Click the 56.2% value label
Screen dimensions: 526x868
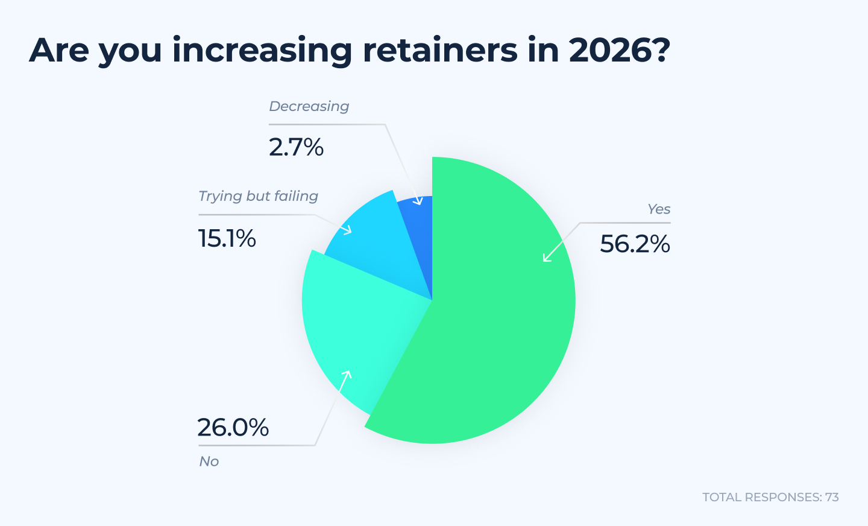tap(635, 244)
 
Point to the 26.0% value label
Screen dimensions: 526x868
tap(233, 428)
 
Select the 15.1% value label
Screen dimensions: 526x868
tap(227, 239)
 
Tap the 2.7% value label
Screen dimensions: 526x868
tap(296, 147)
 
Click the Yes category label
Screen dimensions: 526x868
tap(659, 209)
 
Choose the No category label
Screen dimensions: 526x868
tap(209, 461)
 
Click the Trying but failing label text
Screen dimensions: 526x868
tap(258, 196)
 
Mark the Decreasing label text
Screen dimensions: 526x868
tap(309, 106)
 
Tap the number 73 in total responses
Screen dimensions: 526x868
tap(832, 497)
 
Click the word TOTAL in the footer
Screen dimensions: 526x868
tap(722, 497)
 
